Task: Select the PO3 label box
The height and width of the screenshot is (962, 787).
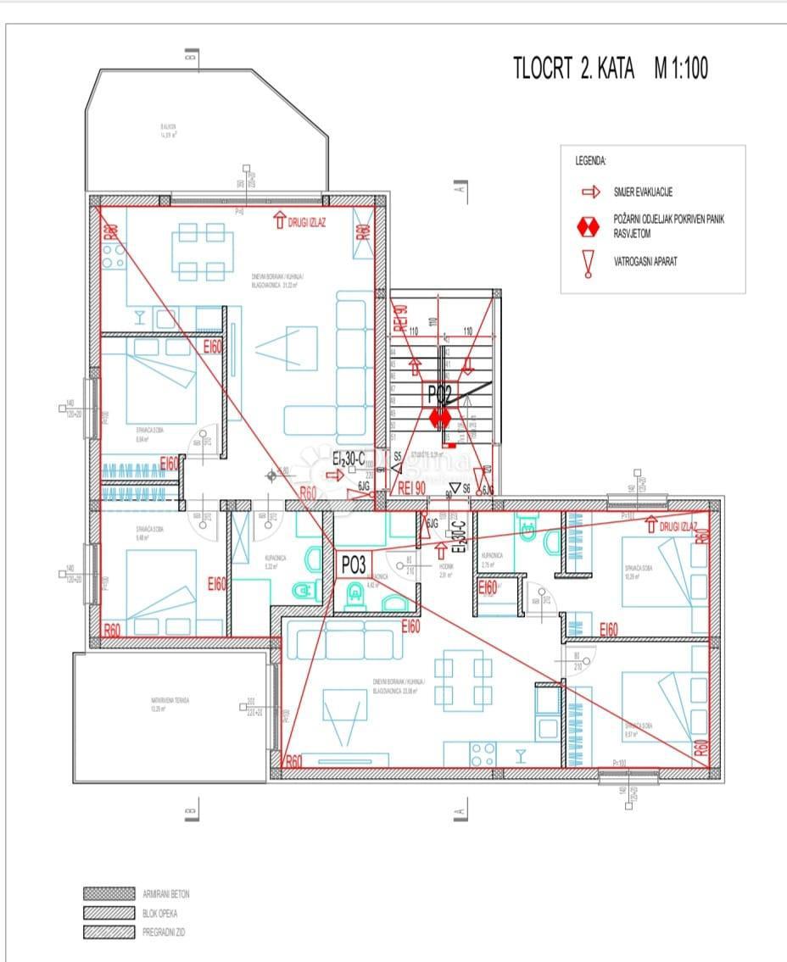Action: coord(353,564)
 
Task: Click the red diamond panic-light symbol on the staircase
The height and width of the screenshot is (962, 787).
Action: coord(439,418)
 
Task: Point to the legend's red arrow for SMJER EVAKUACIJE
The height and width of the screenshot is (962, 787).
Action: coord(590,192)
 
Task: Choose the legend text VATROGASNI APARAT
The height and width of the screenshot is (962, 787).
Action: coord(645,262)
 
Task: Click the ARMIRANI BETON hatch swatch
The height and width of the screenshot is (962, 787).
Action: coord(109,893)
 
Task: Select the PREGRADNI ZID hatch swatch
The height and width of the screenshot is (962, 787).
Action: coord(109,932)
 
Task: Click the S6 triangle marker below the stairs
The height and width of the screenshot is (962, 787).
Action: coord(455,488)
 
